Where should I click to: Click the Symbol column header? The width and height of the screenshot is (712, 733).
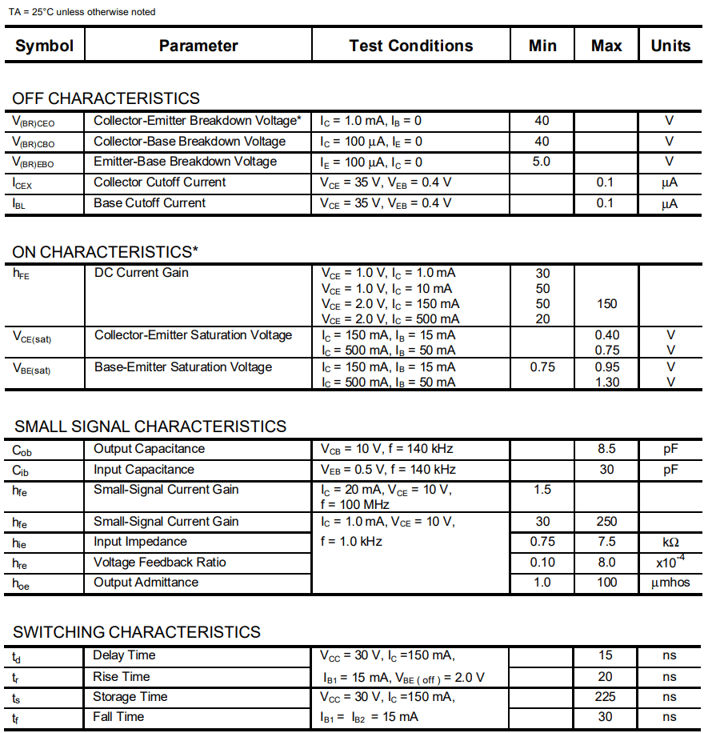point(44,46)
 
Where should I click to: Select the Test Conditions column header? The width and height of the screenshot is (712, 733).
point(410,46)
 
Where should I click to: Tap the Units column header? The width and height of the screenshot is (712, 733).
point(670,46)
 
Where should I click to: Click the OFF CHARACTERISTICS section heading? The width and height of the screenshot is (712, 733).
point(106,98)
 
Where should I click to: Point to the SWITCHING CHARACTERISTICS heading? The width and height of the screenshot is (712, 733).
point(137,632)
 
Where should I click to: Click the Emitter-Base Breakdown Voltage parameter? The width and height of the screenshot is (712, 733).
point(185,162)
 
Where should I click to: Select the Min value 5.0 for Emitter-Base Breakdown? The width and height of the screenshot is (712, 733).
point(542,162)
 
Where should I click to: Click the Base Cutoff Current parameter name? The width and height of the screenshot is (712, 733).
point(150,203)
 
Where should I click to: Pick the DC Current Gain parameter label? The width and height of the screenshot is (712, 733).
point(142,273)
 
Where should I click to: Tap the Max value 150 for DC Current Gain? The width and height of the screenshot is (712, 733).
point(606,304)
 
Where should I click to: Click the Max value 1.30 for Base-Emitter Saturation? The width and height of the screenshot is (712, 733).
point(606,383)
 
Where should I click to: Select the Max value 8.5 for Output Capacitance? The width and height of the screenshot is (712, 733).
point(606,449)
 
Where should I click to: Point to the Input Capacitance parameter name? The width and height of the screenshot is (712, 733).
point(144,470)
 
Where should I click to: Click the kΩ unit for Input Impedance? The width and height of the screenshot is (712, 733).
point(670,543)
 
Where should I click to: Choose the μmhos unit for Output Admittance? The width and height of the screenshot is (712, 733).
point(670,583)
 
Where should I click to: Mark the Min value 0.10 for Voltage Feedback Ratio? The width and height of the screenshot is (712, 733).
point(542,563)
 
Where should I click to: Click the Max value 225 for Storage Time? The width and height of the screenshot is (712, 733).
point(606,697)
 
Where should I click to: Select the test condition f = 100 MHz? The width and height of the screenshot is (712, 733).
point(354,504)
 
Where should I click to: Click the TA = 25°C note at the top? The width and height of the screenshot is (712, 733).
point(82,12)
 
